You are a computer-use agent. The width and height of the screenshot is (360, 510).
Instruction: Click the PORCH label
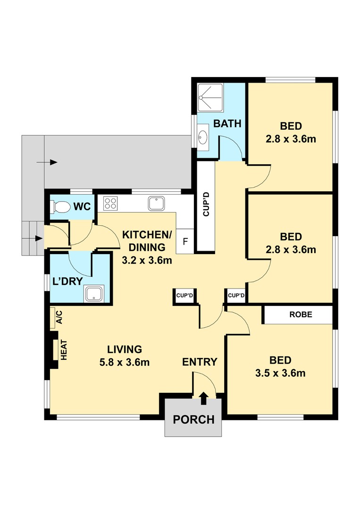193,420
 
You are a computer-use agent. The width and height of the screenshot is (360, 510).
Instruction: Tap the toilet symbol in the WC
60,206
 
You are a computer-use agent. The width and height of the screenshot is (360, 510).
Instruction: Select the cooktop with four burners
110,203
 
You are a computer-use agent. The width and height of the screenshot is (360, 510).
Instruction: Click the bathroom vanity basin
203,137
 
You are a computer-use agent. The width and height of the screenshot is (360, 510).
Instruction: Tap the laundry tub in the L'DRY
94,293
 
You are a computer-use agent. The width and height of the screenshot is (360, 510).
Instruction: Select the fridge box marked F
185,242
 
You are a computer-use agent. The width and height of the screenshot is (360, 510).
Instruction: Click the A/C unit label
59,317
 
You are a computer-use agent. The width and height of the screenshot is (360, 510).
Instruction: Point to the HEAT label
64,350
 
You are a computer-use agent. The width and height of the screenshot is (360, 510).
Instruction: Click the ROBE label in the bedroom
301,314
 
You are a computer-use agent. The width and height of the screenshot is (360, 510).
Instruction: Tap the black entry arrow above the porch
204,399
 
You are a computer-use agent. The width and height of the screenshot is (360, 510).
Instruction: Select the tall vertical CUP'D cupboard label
206,204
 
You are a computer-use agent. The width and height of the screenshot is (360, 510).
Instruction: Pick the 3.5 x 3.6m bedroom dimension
280,373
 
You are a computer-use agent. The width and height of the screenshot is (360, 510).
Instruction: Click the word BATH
227,124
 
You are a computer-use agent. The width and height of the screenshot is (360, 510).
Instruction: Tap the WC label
82,206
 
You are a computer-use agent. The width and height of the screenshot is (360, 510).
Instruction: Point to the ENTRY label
200,362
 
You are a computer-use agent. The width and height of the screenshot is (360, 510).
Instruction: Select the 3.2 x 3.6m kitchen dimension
147,261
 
